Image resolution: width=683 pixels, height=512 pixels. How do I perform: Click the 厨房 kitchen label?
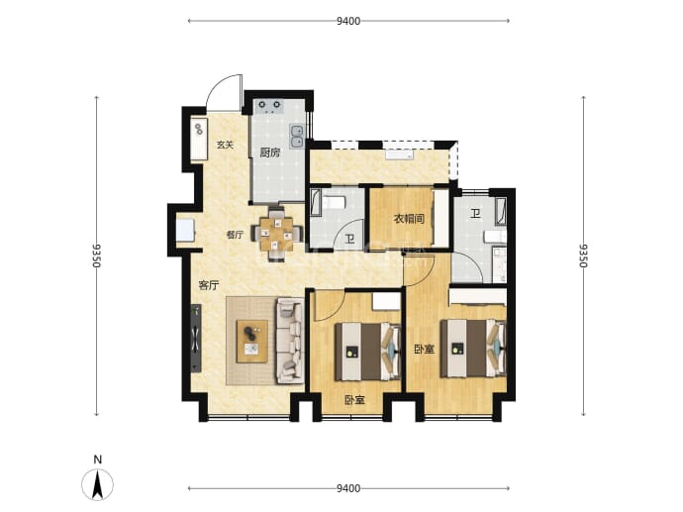(270, 153)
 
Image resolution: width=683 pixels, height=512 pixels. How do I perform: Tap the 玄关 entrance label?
(226, 145)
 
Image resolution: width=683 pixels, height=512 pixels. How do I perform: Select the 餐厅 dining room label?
(235, 235)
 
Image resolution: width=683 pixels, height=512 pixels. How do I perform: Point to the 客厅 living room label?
(209, 286)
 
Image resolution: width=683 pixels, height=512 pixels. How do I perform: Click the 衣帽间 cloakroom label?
(409, 218)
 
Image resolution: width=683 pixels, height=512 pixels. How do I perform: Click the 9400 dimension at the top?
(348, 21)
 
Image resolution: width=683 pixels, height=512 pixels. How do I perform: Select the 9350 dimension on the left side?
(97, 256)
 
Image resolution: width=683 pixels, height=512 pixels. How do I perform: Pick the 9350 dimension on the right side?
(584, 256)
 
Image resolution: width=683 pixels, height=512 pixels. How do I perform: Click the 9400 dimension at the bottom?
(348, 488)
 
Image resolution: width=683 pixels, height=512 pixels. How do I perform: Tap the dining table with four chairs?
(277, 234)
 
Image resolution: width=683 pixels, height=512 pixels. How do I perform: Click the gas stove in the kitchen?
(269, 106)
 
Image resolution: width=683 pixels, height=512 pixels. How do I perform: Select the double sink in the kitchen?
(297, 136)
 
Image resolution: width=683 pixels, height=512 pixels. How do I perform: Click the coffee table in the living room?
(251, 342)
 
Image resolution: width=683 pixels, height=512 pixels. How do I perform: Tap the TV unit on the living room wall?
(196, 338)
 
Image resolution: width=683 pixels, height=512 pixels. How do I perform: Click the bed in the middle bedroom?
(367, 352)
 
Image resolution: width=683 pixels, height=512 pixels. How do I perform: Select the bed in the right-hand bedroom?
(473, 349)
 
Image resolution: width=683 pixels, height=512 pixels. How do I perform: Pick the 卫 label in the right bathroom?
(475, 214)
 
